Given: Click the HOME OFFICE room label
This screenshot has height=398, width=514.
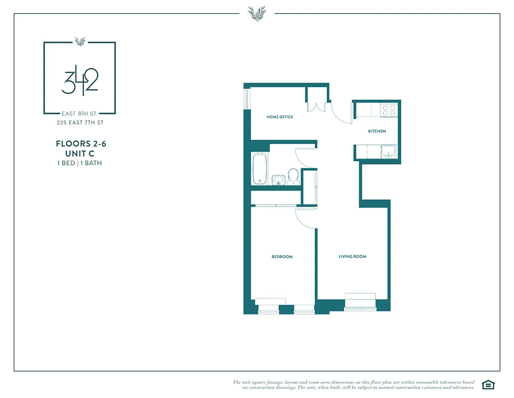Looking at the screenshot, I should pyautogui.click(x=280, y=117).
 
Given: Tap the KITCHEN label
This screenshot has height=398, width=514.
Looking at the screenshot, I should pyautogui.click(x=376, y=131).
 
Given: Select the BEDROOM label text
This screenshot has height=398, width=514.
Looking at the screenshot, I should pyautogui.click(x=282, y=257).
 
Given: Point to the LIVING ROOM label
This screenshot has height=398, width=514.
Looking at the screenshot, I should pyautogui.click(x=352, y=257).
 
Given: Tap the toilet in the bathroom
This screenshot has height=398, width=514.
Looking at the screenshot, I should pyautogui.click(x=293, y=176).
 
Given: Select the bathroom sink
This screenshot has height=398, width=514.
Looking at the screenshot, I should pyautogui.click(x=279, y=179).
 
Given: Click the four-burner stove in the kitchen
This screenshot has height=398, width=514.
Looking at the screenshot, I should pyautogui.click(x=388, y=110).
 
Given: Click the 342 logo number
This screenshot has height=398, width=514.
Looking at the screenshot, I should pyautogui.click(x=79, y=83).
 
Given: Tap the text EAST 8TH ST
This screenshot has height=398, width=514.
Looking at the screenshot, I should pyautogui.click(x=79, y=114).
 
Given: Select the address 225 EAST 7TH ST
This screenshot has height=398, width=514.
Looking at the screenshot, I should pyautogui.click(x=79, y=122).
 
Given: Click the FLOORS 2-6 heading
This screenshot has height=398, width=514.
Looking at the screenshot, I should pyautogui.click(x=81, y=144).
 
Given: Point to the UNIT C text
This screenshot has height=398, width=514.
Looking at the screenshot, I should pyautogui.click(x=81, y=154).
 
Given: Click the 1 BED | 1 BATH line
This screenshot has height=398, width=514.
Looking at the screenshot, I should pyautogui.click(x=79, y=163).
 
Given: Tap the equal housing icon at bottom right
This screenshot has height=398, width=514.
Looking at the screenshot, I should pyautogui.click(x=488, y=384).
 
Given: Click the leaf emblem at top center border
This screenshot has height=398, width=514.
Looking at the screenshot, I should pyautogui.click(x=257, y=13).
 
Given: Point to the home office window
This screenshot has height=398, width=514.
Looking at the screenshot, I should pyautogui.click(x=245, y=98).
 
